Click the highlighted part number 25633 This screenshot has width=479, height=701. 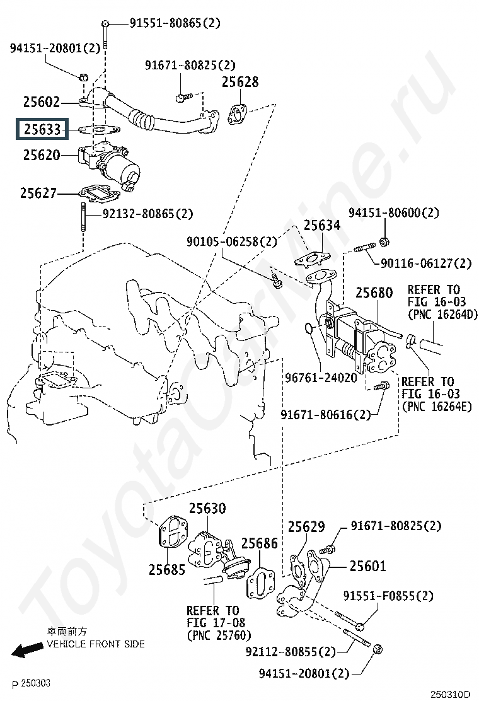42,129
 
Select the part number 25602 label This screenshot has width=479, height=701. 42,102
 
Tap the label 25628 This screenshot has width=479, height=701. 240,82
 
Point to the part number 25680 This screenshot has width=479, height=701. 374,293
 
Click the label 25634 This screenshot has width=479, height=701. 322,225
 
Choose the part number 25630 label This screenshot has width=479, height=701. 207,508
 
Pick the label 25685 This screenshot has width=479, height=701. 167,570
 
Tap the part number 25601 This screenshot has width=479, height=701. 367,566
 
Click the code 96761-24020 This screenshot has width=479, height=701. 321,378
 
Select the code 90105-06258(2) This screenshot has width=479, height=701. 232,242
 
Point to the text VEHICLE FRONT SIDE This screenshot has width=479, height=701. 96,644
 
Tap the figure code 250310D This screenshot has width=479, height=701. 451,694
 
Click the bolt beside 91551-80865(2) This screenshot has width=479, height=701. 105,33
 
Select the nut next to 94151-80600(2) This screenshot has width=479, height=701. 384,242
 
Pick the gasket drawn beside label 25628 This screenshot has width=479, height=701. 239,115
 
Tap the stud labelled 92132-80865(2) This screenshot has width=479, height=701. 84,217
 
